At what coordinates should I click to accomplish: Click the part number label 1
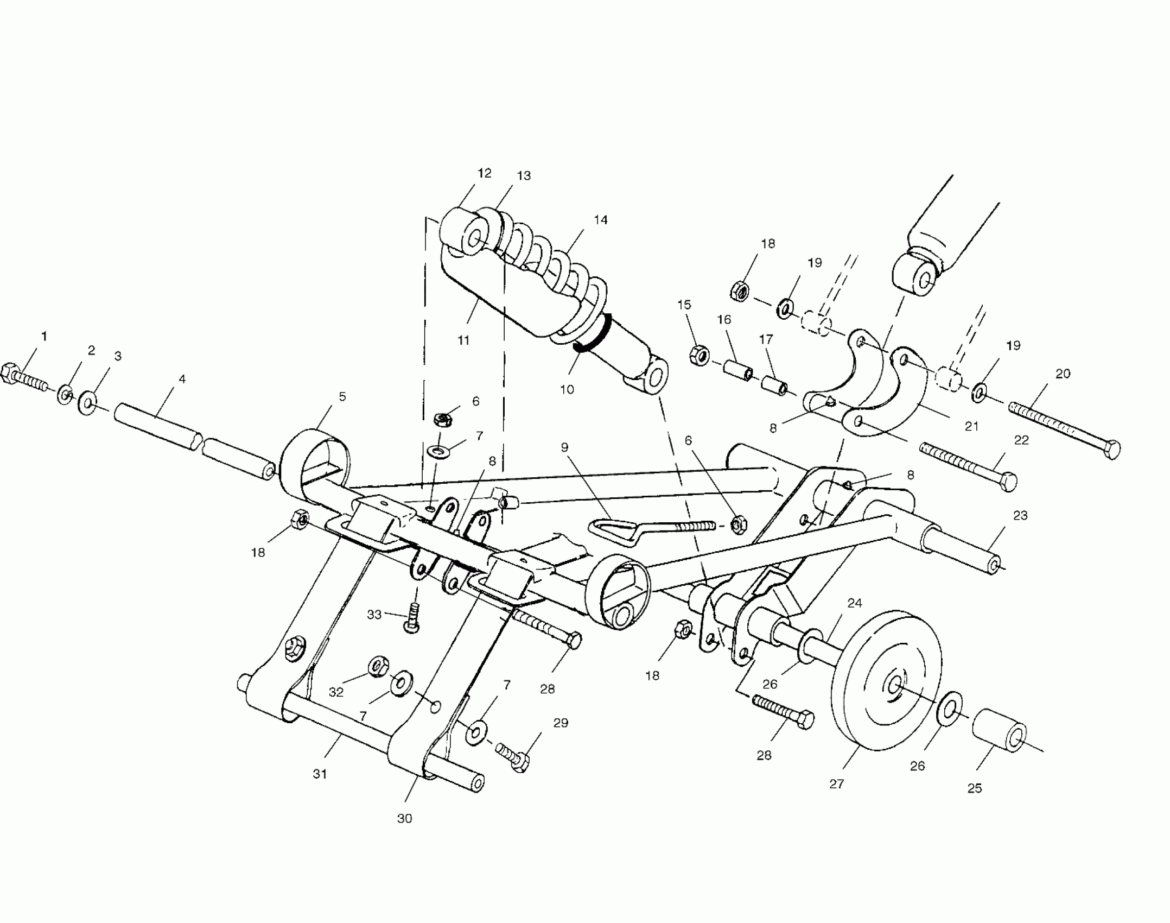point(44,337)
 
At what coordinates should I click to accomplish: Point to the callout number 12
point(484,173)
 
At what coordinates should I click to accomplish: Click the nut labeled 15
point(699,356)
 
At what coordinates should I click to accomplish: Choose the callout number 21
point(971,427)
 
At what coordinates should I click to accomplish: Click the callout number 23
point(1020,515)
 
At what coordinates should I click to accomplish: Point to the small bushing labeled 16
point(737,368)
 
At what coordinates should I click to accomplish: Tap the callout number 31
point(320,774)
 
